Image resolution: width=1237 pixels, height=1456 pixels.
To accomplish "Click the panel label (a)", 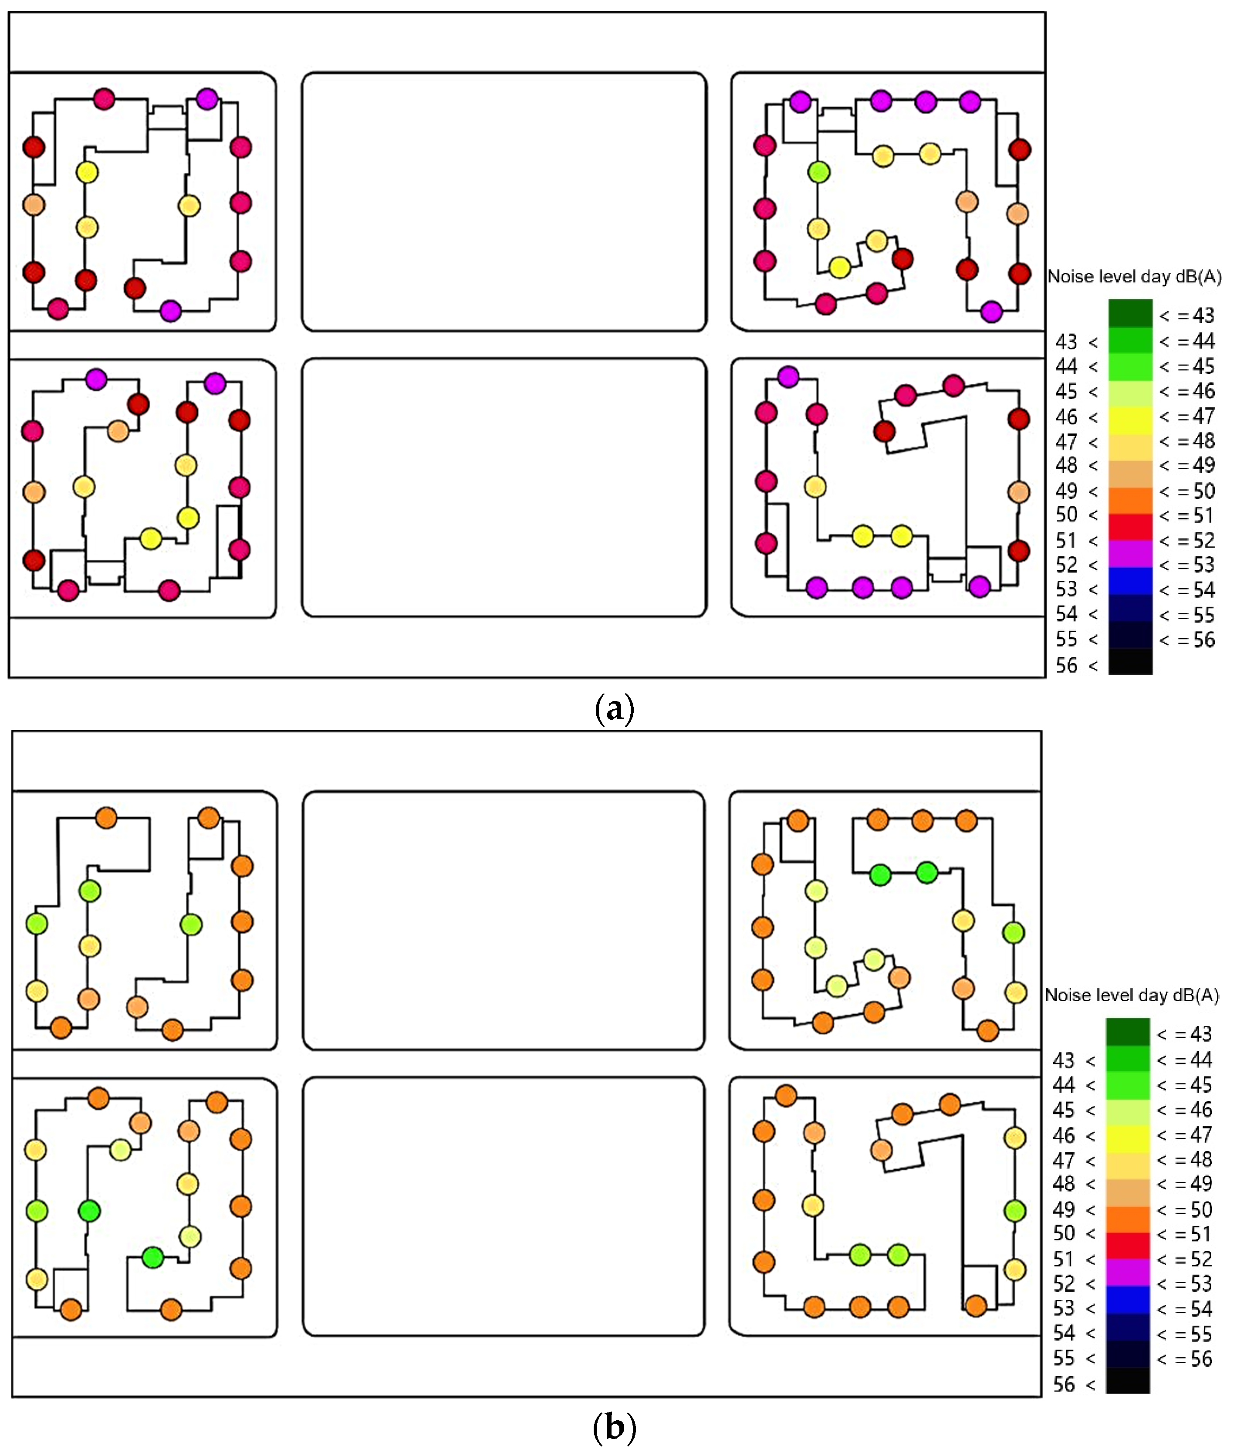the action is point(614,709).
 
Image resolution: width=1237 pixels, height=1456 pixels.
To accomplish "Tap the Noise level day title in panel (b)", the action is point(1131,995).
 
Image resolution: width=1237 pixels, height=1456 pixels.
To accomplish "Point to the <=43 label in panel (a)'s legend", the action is point(1186,315).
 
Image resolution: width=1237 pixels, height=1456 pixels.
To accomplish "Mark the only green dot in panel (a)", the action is point(818,172).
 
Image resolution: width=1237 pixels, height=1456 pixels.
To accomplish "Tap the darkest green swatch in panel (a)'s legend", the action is point(1130,314).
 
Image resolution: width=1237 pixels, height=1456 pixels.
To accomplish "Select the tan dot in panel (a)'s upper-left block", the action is point(34,205).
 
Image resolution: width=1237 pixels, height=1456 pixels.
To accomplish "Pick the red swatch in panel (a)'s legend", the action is point(1130,527).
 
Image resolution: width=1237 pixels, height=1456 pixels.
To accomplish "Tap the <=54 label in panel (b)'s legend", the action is point(1184,1309).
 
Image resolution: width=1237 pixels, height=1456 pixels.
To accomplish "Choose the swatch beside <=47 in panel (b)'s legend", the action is point(1128,1135).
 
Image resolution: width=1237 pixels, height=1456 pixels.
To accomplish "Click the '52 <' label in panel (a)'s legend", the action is point(1076,565).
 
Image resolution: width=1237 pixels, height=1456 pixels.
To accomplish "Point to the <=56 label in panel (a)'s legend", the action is point(1186,640).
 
